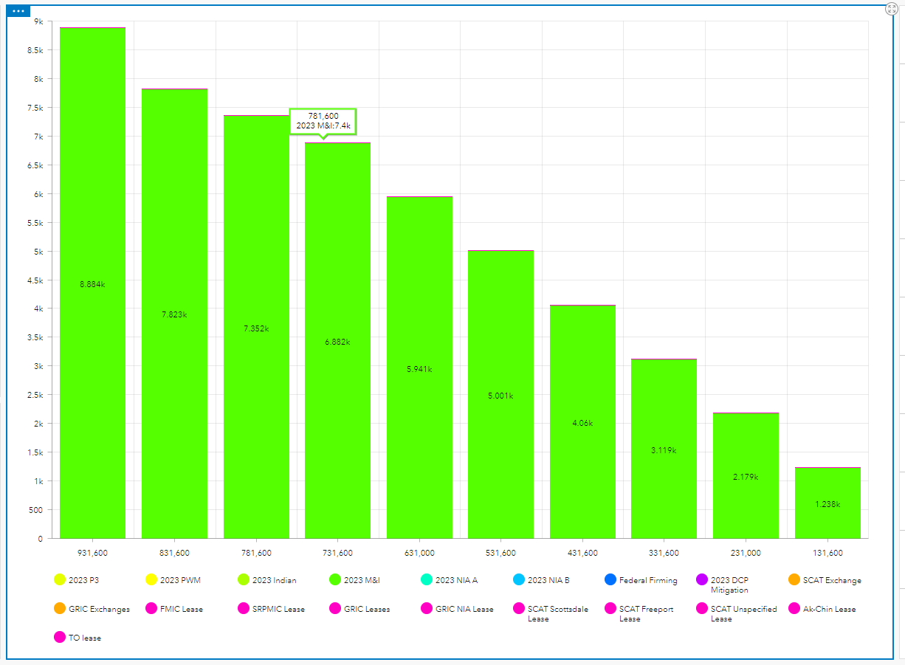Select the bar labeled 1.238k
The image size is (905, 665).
[827, 504]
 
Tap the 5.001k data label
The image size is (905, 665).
[500, 396]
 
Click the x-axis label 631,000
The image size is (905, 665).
[419, 553]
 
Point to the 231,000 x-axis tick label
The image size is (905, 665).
[746, 553]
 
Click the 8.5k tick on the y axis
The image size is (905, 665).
[35, 50]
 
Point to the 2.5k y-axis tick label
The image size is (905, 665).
[35, 395]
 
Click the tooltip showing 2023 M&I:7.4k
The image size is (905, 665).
[323, 121]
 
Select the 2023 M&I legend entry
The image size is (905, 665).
[358, 580]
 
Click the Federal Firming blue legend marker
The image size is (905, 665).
[610, 580]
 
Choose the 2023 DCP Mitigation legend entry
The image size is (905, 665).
[729, 585]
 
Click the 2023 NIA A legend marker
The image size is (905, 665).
[427, 580]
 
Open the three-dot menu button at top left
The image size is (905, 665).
[18, 12]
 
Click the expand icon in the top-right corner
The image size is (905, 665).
[891, 9]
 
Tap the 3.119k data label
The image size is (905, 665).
[664, 450]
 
